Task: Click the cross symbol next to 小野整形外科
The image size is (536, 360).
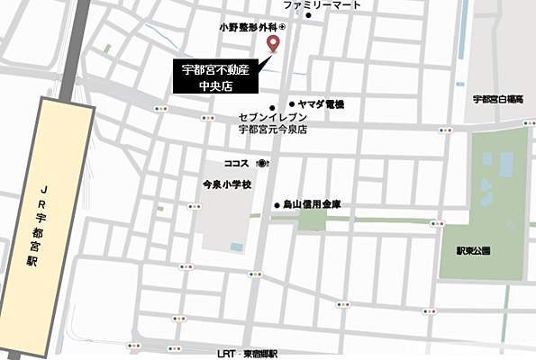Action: pyautogui.click(x=280, y=28)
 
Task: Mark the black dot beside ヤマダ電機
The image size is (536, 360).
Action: pyautogui.click(x=292, y=104)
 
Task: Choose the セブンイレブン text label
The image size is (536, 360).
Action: pyautogui.click(x=273, y=118)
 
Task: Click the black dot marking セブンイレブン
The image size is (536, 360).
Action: pyautogui.click(x=272, y=108)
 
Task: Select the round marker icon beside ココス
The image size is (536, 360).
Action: pyautogui.click(x=261, y=164)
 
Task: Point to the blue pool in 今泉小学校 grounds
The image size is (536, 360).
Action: pyautogui.click(x=236, y=246)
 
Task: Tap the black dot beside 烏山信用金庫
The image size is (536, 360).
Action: pyautogui.click(x=277, y=205)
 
